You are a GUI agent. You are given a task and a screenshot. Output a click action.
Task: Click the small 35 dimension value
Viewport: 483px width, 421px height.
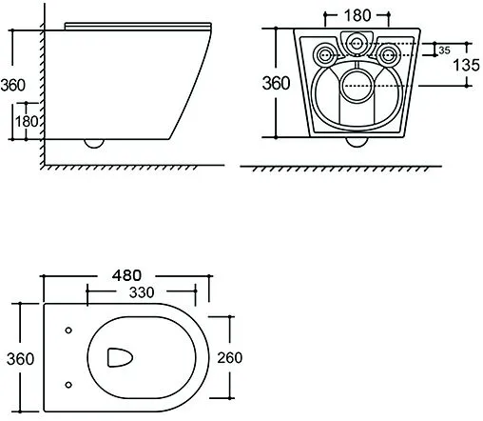tap(443, 50)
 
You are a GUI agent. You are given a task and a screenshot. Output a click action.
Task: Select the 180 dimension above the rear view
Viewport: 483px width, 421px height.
tap(357, 15)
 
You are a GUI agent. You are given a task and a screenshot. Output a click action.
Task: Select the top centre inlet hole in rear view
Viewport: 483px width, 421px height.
tap(357, 41)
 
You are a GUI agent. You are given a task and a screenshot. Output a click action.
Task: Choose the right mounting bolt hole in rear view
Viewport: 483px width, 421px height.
tap(388, 53)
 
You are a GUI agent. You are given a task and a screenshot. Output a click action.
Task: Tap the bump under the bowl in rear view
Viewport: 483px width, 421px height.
tap(357, 146)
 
